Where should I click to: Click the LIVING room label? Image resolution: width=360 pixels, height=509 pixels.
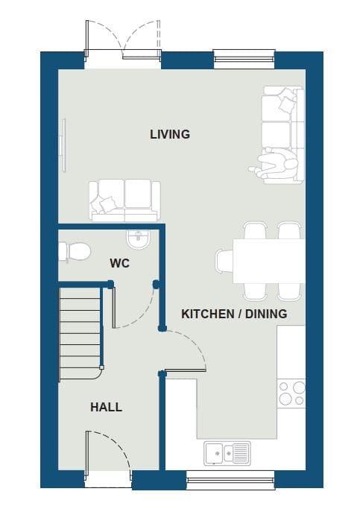click(170, 134)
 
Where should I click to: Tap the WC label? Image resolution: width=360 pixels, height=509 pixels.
click(120, 263)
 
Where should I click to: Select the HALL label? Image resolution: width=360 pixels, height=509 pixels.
click(106, 407)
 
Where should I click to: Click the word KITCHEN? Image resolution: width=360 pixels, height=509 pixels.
click(208, 314)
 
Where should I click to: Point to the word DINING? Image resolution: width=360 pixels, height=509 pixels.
click(266, 314)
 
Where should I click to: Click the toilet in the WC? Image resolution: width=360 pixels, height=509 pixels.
click(75, 251)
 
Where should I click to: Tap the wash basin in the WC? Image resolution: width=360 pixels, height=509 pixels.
click(139, 239)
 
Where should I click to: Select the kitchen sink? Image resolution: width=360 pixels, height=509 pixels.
click(227, 453)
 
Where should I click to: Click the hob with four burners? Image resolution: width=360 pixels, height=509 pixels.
click(291, 393)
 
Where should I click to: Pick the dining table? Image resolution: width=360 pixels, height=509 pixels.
click(269, 262)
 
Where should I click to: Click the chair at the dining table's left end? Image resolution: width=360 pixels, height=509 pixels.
click(224, 262)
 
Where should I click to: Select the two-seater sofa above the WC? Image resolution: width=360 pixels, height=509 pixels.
click(124, 200)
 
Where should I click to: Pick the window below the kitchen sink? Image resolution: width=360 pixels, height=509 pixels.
click(230, 479)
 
